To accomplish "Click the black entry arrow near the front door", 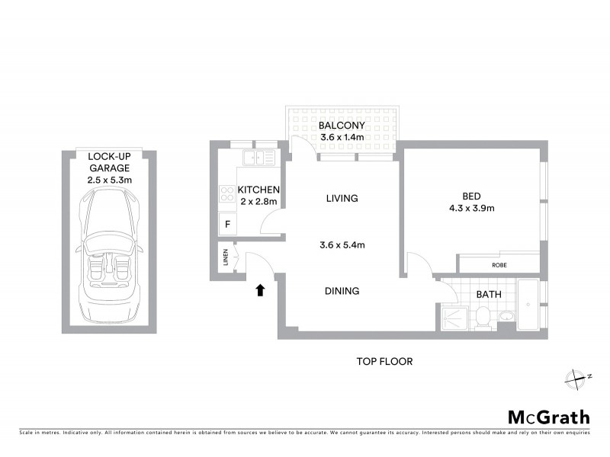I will coord(261,289).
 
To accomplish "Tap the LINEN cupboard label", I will coord(226,258).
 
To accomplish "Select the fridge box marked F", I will coord(226,224).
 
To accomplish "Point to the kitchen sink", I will coord(258,158).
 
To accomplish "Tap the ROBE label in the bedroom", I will coord(499,265).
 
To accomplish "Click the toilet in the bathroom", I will coord(483,315).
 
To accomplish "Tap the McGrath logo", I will coord(549,417).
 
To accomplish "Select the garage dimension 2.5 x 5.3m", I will coord(110,180).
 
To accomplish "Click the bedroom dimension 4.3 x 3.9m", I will coord(472,208).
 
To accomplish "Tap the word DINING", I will coord(341,291).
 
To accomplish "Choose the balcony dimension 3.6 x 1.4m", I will coord(342,137).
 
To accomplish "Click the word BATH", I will coord(489,294).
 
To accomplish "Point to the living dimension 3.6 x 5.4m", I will coord(342,245).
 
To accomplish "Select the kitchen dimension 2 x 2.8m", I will coord(259,201).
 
